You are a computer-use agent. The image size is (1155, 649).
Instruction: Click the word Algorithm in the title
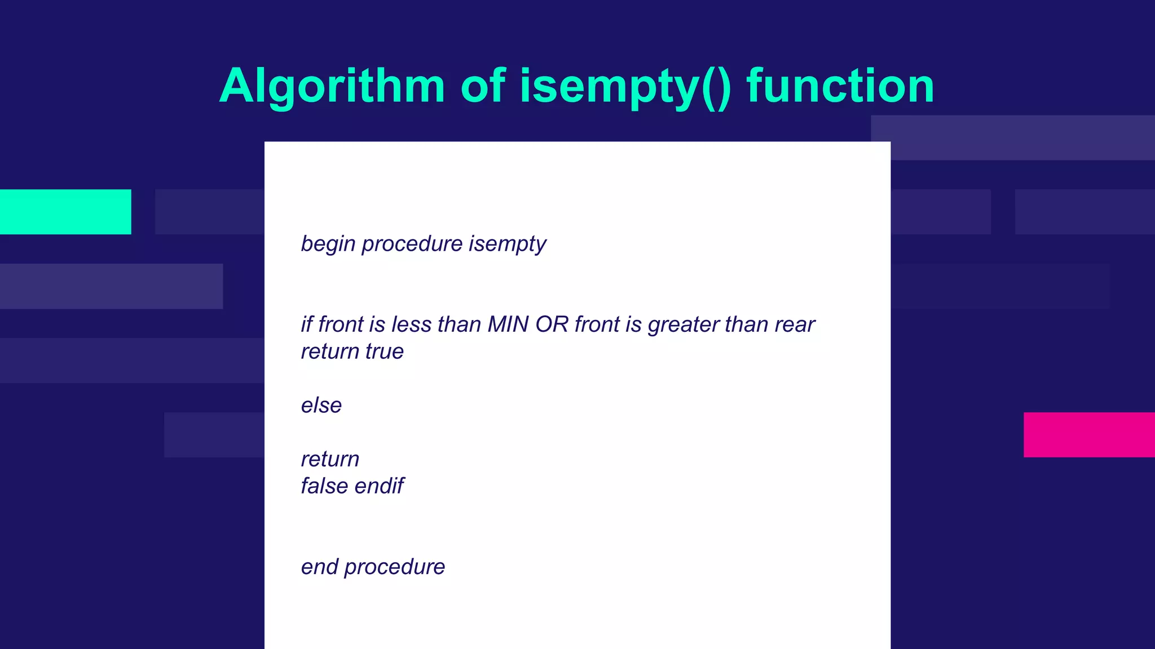(332, 86)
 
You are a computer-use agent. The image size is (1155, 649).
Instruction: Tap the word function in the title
(840, 86)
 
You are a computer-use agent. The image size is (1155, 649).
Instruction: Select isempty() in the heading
(625, 86)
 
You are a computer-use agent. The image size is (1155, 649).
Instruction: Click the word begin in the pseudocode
(328, 244)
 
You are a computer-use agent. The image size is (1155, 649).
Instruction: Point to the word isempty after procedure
(507, 244)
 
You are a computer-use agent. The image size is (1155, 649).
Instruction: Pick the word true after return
(384, 352)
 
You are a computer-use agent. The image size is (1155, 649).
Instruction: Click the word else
(321, 406)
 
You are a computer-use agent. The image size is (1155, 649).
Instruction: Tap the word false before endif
(324, 486)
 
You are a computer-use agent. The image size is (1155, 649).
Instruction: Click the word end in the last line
(319, 567)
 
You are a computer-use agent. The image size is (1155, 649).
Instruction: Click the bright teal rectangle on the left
(65, 212)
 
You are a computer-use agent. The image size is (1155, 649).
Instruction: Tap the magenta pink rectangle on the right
(1088, 434)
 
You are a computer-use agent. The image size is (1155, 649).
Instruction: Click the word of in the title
(483, 86)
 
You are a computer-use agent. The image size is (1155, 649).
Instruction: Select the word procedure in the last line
(394, 567)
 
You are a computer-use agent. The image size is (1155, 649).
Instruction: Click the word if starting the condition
(306, 324)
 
